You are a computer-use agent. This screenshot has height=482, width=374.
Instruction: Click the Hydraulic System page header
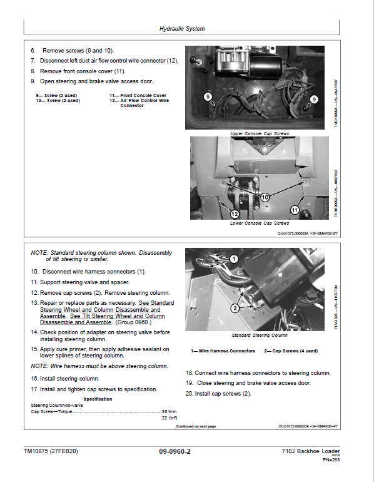click(181, 28)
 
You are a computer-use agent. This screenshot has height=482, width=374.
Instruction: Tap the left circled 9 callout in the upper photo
click(208, 96)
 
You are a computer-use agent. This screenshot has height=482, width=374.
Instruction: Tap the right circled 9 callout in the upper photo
click(314, 98)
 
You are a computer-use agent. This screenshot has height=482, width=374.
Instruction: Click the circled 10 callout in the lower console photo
click(265, 196)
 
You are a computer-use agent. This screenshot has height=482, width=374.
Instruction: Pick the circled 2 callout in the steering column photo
click(235, 308)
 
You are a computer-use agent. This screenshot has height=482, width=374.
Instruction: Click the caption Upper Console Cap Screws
click(260, 133)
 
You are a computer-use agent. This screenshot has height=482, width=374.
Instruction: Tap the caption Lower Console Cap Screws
click(260, 223)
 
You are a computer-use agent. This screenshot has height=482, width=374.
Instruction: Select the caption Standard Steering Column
click(260, 336)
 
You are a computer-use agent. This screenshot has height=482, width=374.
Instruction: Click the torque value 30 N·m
click(169, 411)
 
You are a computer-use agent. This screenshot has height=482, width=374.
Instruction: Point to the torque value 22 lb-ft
click(169, 418)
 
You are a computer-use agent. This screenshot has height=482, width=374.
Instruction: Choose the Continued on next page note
click(196, 426)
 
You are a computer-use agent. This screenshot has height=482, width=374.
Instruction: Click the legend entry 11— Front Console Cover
click(138, 95)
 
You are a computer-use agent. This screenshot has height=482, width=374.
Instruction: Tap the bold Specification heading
click(98, 398)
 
